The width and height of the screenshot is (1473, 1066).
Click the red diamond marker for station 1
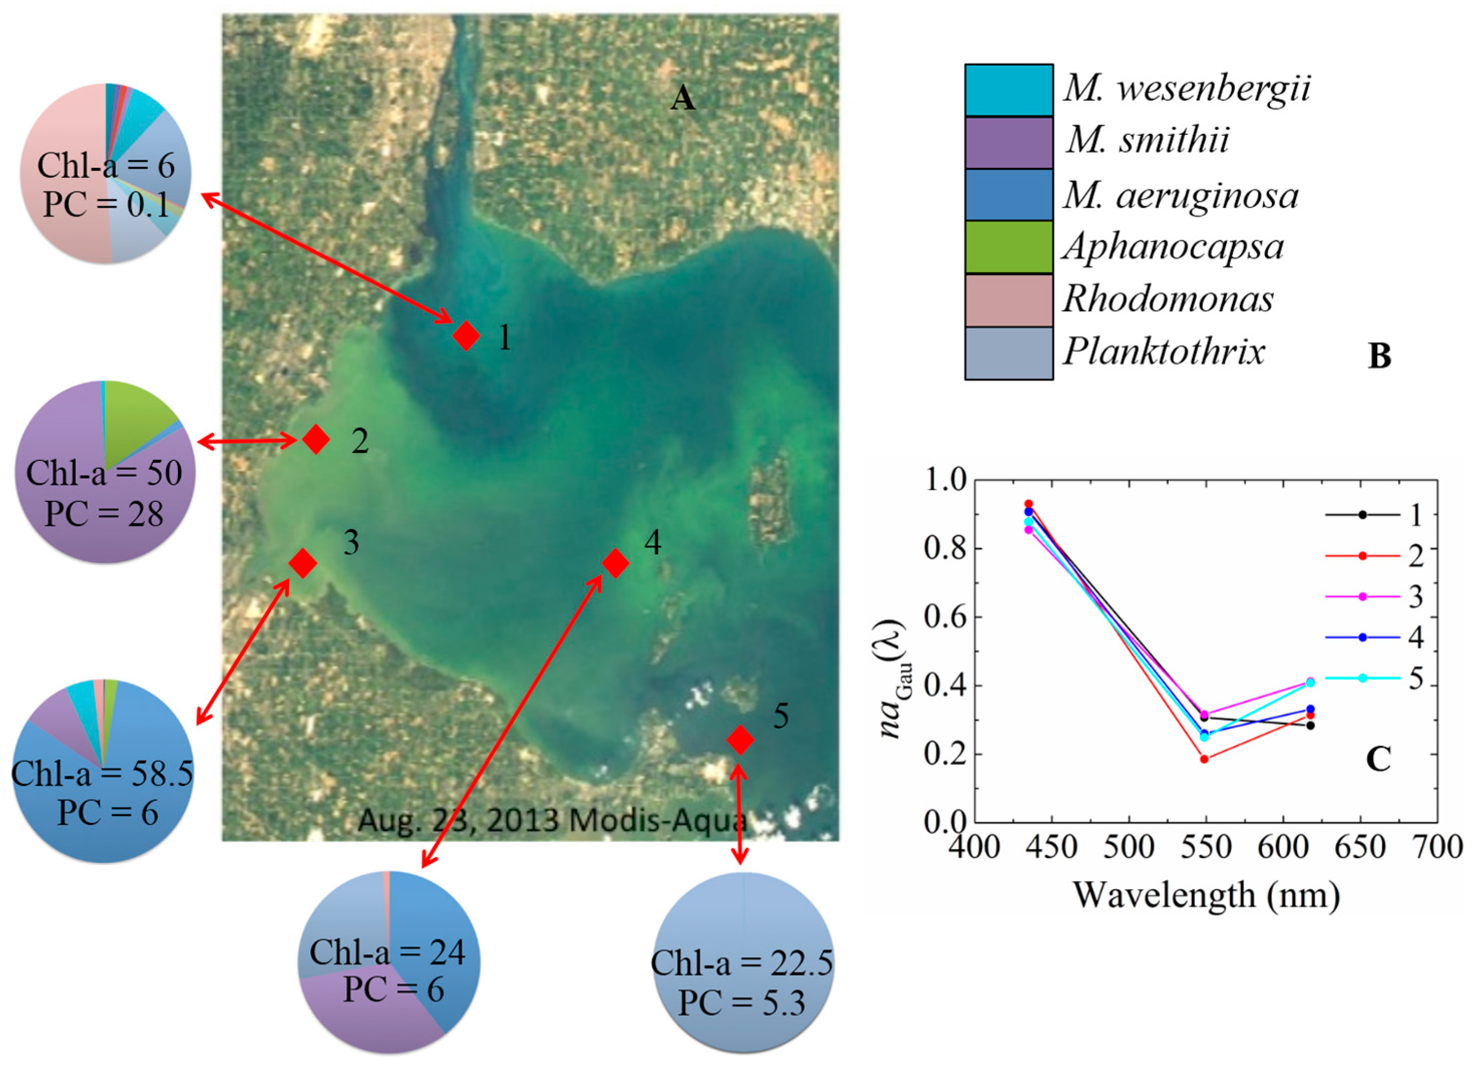[466, 336]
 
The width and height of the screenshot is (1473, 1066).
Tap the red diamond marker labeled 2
[316, 439]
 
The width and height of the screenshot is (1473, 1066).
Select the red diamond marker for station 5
[740, 739]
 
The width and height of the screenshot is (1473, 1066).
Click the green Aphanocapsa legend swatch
[1008, 247]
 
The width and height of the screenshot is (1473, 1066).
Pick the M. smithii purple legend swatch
[1008, 142]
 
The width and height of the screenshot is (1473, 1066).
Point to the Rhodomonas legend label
[1167, 299]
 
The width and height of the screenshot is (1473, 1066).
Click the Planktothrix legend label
[1163, 352]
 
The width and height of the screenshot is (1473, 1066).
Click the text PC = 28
[104, 514]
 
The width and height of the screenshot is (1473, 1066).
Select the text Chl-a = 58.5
[103, 773]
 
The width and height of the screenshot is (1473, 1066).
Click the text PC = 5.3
[742, 1003]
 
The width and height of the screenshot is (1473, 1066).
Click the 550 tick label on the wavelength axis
[1205, 847]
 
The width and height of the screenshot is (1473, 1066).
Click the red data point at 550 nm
[1204, 759]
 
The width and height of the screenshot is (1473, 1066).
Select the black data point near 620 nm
[1311, 725]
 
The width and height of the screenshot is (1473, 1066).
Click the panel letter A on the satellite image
[682, 99]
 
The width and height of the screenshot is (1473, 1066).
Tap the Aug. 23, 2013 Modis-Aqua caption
[552, 821]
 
